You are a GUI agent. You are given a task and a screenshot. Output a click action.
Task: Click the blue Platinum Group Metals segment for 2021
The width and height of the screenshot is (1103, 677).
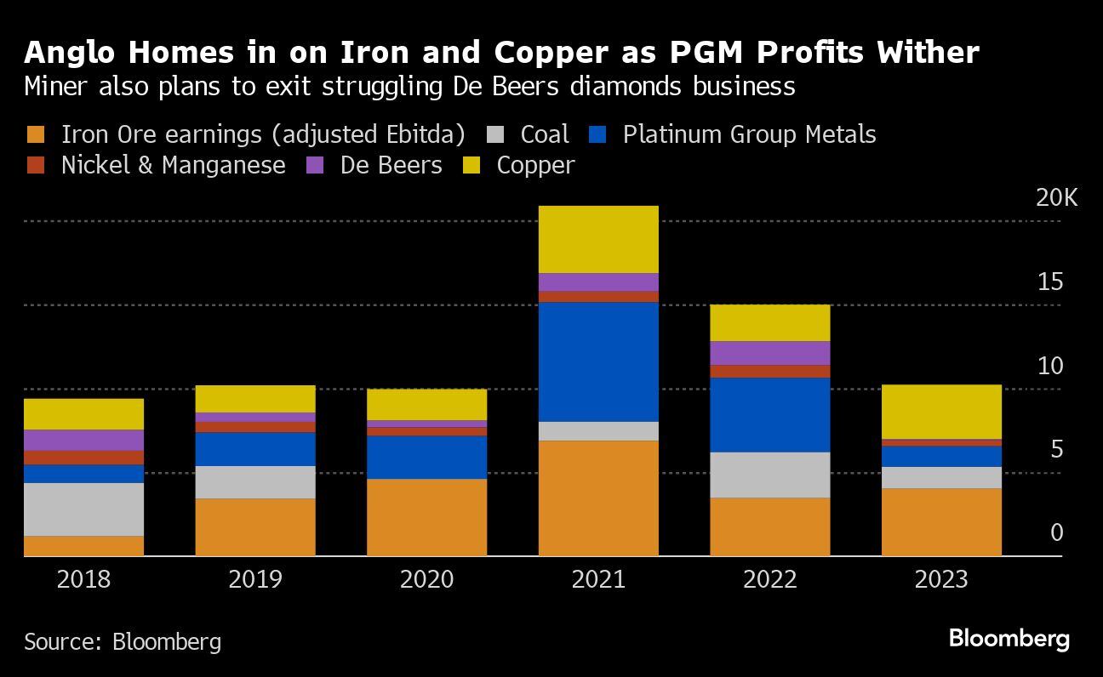point(598,361)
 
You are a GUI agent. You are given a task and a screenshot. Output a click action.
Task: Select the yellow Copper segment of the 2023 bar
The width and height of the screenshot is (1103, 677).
point(941,412)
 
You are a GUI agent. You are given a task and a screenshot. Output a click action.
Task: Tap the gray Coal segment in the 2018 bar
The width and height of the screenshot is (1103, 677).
point(83,509)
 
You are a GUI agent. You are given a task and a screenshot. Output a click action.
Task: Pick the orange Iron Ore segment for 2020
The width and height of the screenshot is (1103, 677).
point(426,517)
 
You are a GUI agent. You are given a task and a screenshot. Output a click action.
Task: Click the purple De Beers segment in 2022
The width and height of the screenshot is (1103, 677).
point(769,353)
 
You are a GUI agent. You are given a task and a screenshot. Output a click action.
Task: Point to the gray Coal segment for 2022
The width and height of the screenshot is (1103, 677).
point(769,475)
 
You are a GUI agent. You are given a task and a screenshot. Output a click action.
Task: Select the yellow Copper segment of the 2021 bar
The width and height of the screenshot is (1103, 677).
point(598,239)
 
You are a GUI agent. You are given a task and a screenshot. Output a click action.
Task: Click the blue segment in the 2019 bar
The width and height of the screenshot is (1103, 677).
point(255,449)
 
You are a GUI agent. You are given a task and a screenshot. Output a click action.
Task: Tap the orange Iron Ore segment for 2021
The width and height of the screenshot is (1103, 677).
point(598,498)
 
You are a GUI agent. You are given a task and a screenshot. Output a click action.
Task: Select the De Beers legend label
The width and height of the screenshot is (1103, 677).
point(391,165)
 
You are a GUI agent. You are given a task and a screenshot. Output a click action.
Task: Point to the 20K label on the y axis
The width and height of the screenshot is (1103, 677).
point(1056,198)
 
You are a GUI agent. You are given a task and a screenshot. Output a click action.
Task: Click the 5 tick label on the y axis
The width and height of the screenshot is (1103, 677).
point(1055,449)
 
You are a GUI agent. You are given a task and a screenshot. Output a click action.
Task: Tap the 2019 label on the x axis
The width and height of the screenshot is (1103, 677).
point(255,580)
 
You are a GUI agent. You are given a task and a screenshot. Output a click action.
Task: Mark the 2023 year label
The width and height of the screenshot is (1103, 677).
point(941,580)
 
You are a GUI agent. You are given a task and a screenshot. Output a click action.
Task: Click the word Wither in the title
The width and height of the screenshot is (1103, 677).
point(929,53)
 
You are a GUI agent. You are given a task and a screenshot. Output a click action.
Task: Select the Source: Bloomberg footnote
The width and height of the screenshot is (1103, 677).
point(123,641)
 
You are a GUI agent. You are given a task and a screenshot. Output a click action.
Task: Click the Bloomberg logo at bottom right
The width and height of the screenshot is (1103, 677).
point(1009,638)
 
